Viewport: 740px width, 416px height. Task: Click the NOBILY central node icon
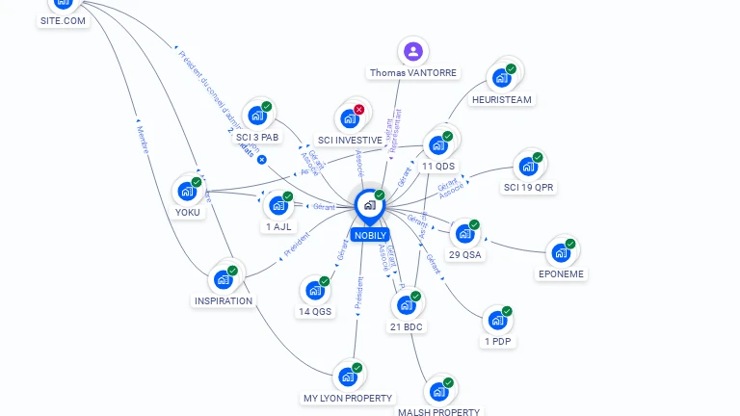pos(370,205)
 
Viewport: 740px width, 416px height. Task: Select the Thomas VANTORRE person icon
pos(413,51)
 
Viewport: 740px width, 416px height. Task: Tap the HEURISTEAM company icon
pos(501,78)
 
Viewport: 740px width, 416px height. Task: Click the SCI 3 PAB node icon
pos(256,116)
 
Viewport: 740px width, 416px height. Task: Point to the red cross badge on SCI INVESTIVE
pos(359,110)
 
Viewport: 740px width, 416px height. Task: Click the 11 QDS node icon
pos(438,144)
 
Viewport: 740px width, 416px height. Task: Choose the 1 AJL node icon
pos(278,205)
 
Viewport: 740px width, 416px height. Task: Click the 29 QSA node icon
pos(465,233)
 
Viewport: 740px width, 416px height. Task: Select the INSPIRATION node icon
pos(224,278)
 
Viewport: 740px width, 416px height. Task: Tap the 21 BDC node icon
pos(407,304)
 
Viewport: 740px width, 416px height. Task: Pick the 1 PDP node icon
pos(497,320)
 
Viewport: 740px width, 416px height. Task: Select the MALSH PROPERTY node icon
pos(438,391)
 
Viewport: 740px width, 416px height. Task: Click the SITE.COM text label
pos(63,20)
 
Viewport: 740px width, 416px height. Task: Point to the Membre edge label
pos(143,135)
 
